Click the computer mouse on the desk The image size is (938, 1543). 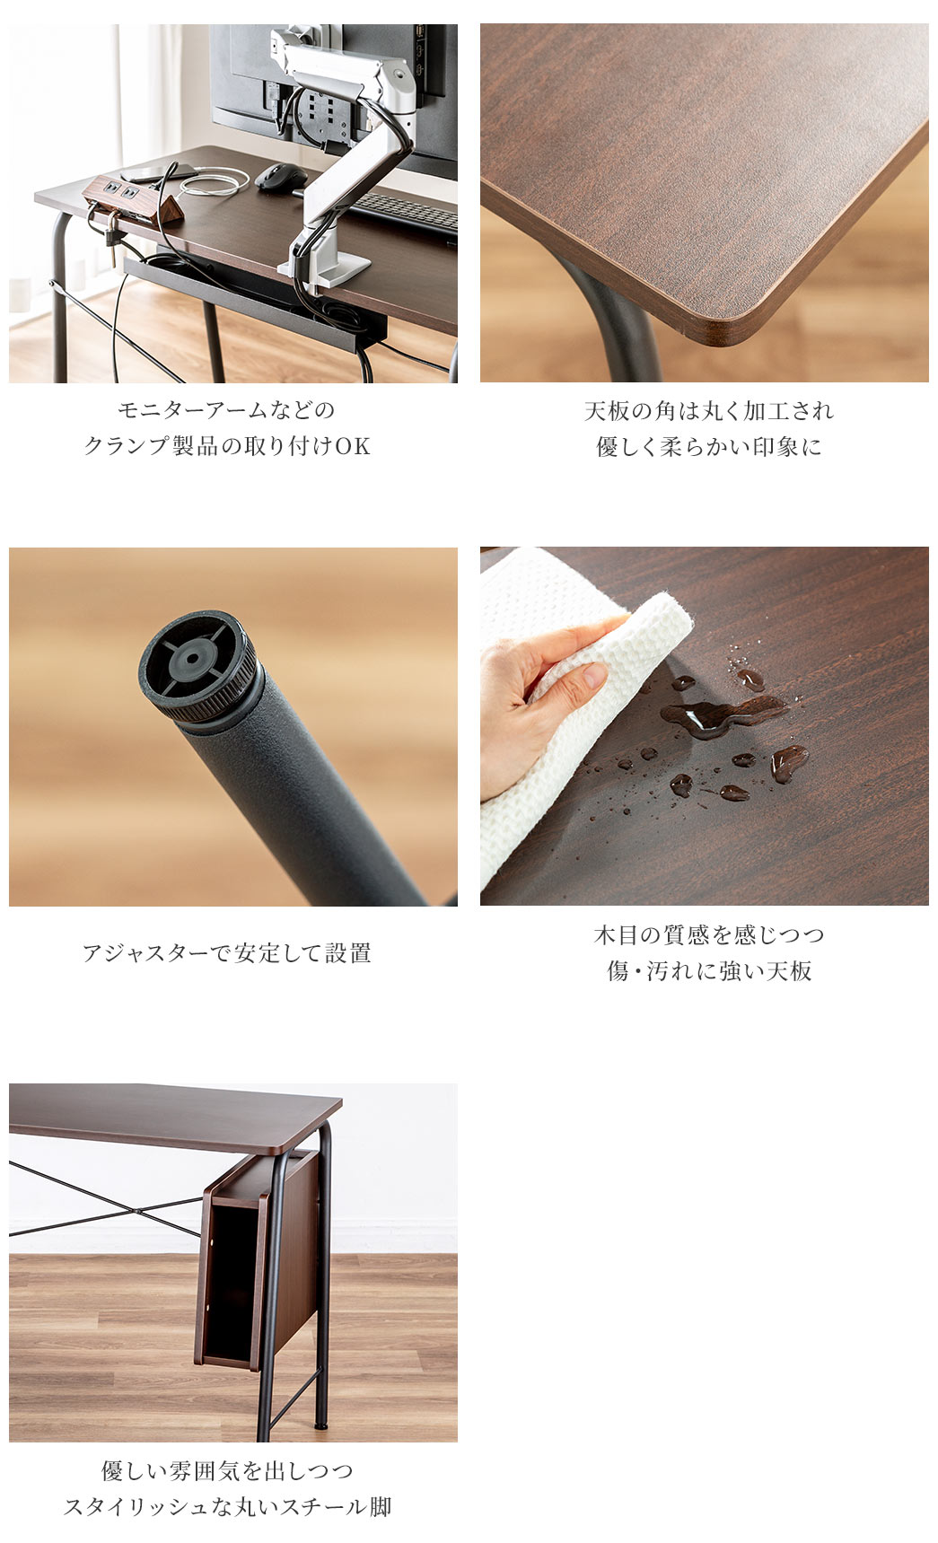281,177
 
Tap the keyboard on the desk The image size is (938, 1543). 404,215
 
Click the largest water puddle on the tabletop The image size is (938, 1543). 723,715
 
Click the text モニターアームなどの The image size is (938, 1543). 226,410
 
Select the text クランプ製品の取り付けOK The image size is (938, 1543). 227,446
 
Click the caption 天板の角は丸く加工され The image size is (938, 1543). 709,411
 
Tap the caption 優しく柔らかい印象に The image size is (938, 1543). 709,447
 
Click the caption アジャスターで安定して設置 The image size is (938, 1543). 226,952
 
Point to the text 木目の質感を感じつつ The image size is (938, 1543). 709,935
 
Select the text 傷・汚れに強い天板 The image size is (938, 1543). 709,971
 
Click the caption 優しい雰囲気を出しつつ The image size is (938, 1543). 227,1471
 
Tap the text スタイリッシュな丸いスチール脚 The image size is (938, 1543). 227,1507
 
